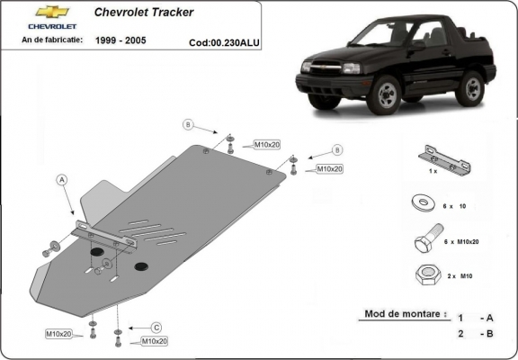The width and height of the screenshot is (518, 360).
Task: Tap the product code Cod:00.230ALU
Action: (224, 41)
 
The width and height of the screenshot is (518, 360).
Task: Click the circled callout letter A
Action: (62, 179)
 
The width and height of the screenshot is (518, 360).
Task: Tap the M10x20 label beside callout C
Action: (154, 341)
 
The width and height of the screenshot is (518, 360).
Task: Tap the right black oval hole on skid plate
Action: (141, 266)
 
